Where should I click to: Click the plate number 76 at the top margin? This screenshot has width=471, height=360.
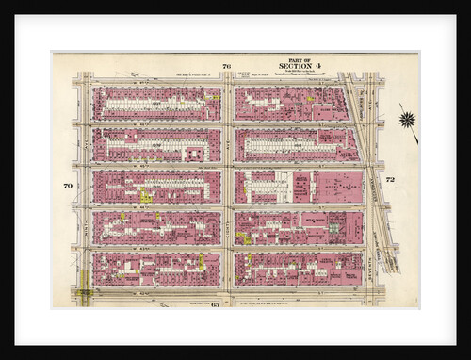pos(226,66)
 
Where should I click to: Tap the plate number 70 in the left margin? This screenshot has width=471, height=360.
pos(68,186)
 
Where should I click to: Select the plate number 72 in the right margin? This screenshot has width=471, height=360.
pos(389,179)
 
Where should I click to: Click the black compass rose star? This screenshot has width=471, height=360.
pos(407,119)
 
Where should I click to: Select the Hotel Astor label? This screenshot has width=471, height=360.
pos(337,187)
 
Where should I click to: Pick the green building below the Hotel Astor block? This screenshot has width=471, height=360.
pos(333,227)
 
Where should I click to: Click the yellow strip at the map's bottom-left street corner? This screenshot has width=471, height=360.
pos(85,283)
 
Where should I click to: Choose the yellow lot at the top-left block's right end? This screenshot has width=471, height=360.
pos(216,96)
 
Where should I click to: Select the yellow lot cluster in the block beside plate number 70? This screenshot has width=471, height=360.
pos(146,196)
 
